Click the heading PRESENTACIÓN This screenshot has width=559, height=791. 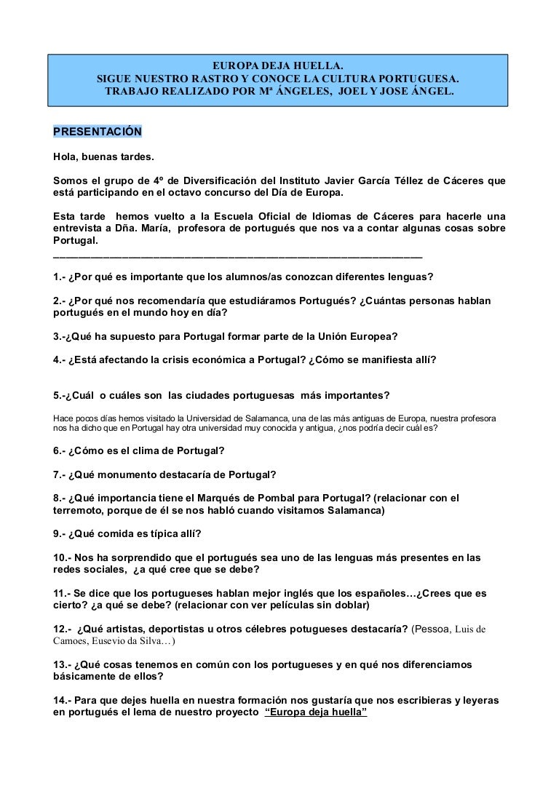(98, 132)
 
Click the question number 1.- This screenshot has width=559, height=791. (60, 277)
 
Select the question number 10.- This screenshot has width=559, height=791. (64, 558)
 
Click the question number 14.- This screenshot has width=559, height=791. (64, 699)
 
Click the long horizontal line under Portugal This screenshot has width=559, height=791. (237, 255)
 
